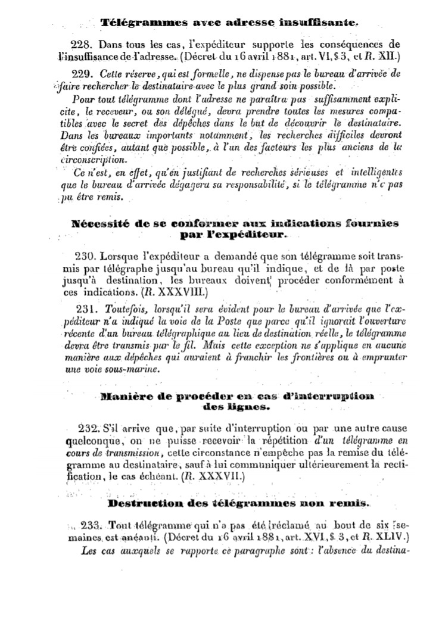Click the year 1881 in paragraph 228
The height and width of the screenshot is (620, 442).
279,57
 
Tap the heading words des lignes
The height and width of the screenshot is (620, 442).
236,408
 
